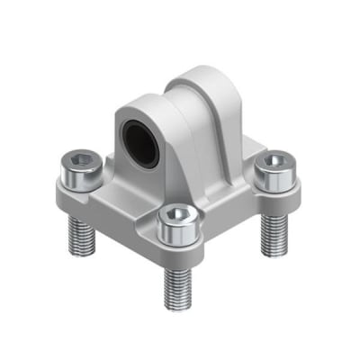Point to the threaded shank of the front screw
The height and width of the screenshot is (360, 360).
[177, 284]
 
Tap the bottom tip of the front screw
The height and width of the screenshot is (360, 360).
[178, 306]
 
